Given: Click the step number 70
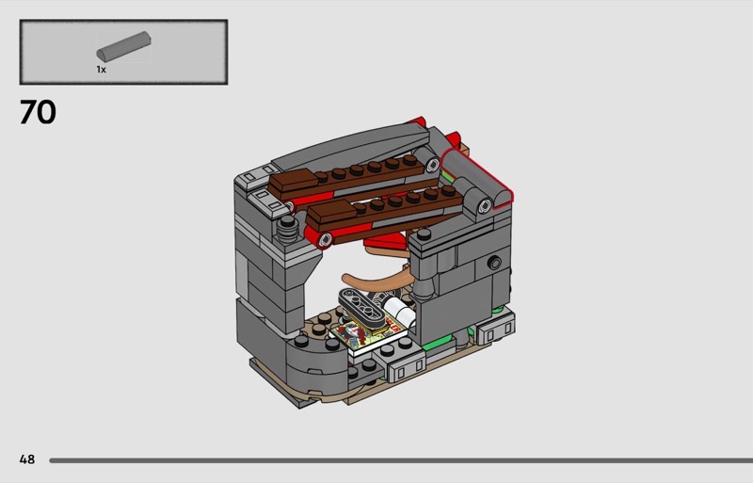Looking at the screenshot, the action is [x=38, y=112].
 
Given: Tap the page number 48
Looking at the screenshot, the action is [x=27, y=459].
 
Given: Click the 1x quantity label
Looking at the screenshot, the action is [x=101, y=70].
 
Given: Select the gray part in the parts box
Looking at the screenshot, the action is [x=124, y=45].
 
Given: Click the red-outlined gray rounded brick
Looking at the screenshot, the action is [x=477, y=178].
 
